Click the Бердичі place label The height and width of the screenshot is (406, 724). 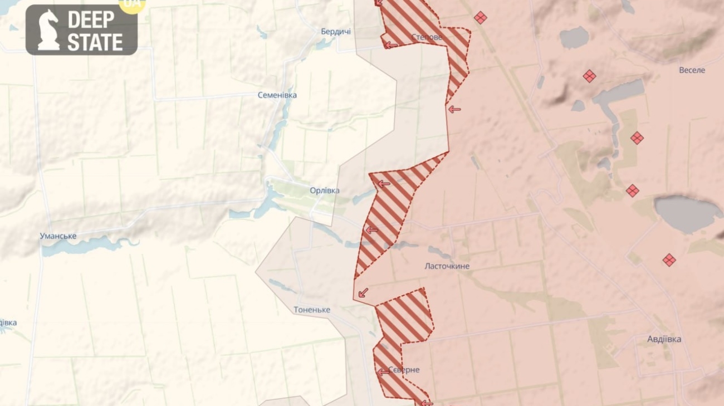point(336,31)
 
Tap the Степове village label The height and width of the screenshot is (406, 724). point(427,37)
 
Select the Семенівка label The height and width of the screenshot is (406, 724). point(277,95)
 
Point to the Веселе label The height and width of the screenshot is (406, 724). point(692,70)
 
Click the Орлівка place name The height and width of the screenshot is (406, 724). point(325,190)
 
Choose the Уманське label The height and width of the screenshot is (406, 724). point(58,236)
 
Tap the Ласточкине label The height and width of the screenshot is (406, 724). point(447,266)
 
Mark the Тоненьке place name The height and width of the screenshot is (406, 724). point(312,310)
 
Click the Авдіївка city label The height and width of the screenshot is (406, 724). point(664,339)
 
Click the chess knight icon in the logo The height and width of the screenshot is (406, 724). point(48,30)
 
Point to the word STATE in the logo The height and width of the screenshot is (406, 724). point(95,42)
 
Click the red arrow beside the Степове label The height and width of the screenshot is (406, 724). point(392,45)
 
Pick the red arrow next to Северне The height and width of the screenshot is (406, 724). point(383,371)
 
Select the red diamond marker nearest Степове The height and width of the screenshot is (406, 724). point(480,18)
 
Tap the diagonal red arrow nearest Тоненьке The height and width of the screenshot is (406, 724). point(363,292)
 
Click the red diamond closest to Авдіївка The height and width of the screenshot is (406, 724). point(669,260)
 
